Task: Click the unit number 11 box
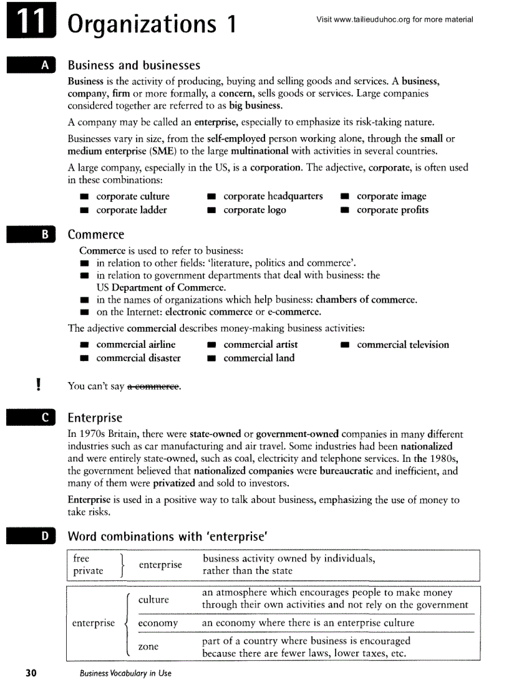tap(29, 24)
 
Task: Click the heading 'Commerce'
tap(95, 235)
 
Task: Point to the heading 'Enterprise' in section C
tap(95, 418)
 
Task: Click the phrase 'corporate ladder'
tap(132, 210)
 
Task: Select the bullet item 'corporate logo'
tap(254, 210)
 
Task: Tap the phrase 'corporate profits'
tap(392, 210)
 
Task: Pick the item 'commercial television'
tap(402, 344)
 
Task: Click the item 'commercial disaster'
tap(138, 358)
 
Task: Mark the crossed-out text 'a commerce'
tap(153, 387)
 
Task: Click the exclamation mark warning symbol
tap(39, 384)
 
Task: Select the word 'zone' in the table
tap(148, 646)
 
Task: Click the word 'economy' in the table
tap(158, 623)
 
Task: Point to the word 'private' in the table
tap(88, 570)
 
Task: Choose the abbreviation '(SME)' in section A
tap(160, 151)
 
